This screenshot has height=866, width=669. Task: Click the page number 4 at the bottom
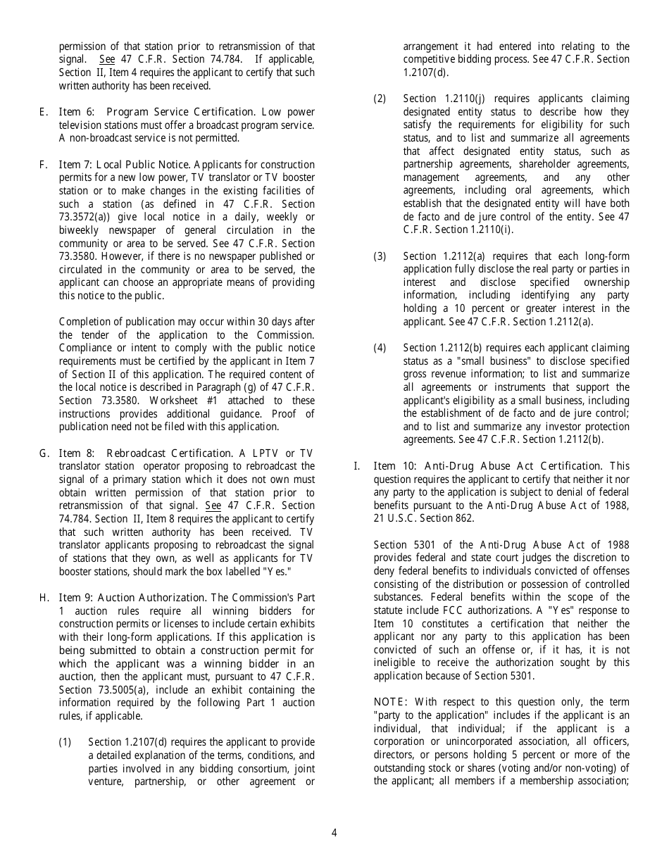click(334, 834)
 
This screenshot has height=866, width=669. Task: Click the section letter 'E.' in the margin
click(44, 112)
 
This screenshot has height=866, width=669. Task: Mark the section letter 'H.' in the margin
click(44, 598)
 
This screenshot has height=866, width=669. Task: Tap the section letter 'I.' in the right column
click(357, 466)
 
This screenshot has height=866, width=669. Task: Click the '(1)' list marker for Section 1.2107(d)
click(65, 742)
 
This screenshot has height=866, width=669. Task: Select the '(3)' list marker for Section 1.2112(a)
click(380, 256)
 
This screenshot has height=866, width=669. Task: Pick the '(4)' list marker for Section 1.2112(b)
click(380, 348)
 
